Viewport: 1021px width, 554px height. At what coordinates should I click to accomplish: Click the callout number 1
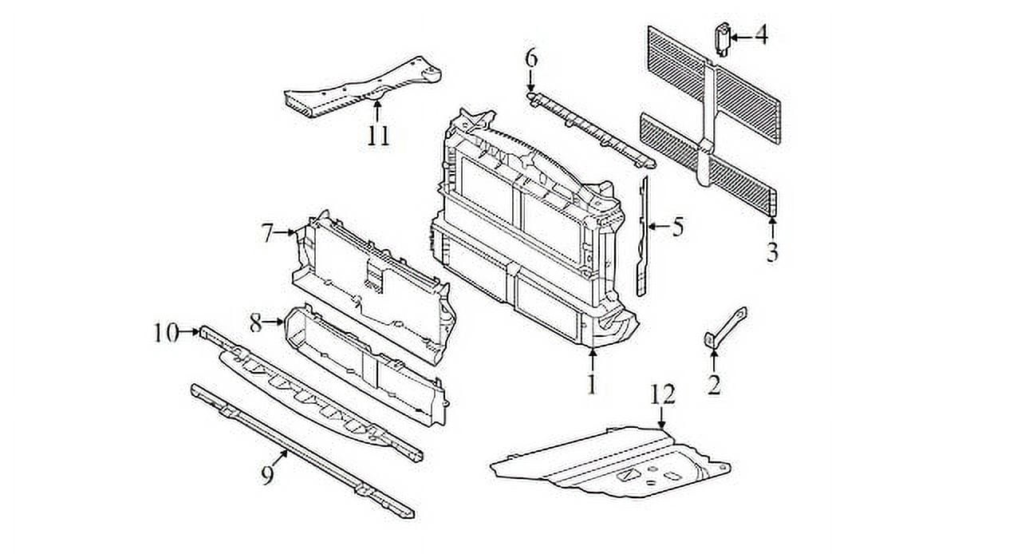(x=591, y=385)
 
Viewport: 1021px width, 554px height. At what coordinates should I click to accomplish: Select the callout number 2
(x=714, y=385)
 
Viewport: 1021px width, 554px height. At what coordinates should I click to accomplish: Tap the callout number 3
(x=772, y=252)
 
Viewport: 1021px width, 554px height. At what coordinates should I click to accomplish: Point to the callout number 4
(x=761, y=36)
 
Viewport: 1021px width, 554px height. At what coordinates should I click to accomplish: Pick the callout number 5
(x=677, y=228)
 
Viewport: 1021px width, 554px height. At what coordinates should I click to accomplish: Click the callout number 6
(x=531, y=57)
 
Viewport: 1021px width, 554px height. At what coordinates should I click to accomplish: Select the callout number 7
(x=267, y=233)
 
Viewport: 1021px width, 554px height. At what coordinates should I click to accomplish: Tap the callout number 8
(x=255, y=323)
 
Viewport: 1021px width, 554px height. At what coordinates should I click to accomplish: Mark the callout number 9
(x=267, y=475)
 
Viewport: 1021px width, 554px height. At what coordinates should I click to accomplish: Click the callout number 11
(x=378, y=135)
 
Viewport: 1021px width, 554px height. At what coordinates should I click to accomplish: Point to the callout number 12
(x=662, y=394)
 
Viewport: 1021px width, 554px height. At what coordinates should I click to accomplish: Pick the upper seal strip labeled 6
(x=590, y=128)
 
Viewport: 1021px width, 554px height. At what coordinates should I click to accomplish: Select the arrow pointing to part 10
(x=190, y=330)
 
